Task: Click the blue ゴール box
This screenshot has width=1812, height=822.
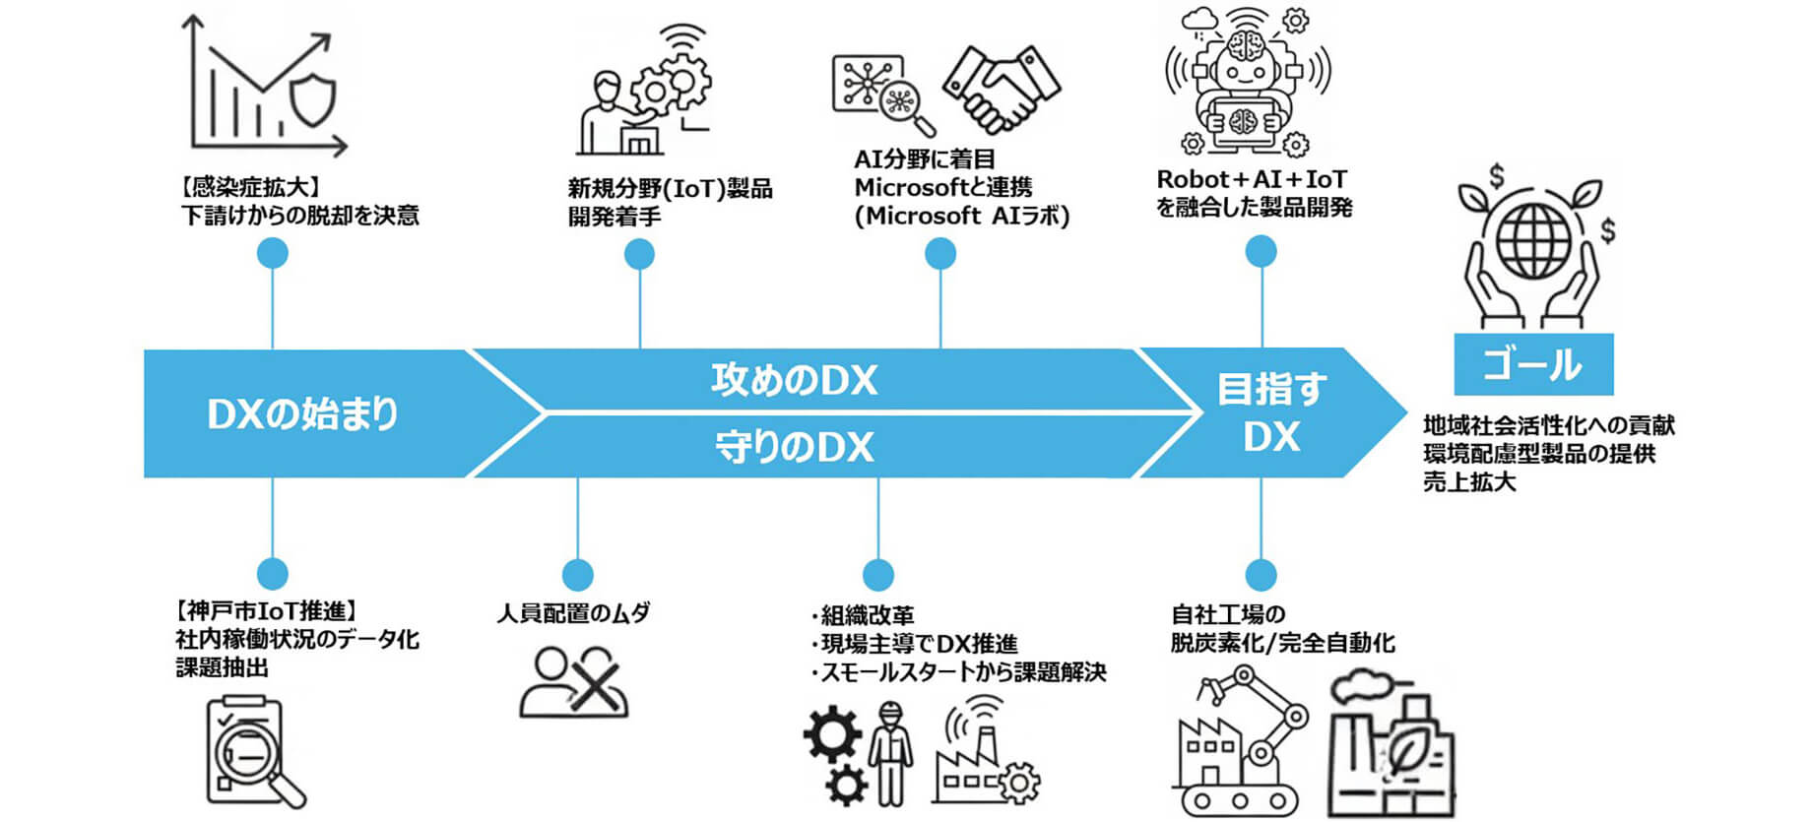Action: point(1533,364)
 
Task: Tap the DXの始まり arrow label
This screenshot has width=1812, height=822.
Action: point(302,414)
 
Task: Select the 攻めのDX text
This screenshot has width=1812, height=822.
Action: point(794,380)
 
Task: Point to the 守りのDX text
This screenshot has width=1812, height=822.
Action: point(794,447)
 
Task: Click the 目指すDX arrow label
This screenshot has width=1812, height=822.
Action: point(1271,412)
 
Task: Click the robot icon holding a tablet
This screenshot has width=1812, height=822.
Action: point(1246,84)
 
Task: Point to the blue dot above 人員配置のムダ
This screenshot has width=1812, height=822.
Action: point(577,575)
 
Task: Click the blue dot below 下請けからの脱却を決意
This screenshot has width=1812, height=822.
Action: point(272,254)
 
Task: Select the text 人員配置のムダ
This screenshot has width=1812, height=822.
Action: point(573,613)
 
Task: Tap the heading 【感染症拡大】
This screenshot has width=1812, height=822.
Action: point(250,186)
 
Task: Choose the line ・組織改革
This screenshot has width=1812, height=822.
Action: point(863,616)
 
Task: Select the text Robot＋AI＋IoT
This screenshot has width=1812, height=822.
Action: point(1251,180)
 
